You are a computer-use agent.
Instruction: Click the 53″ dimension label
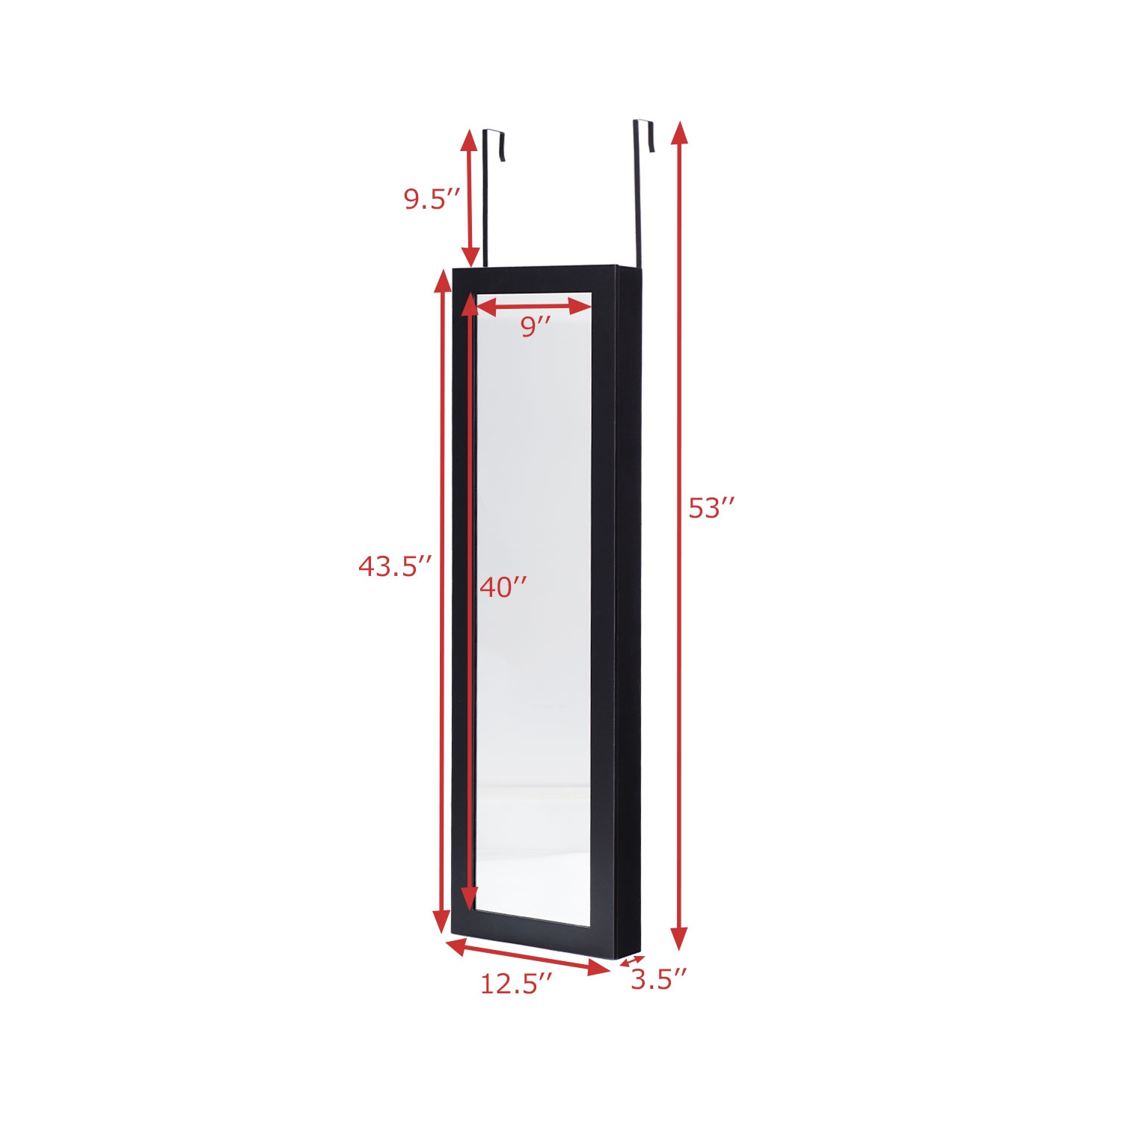pos(712,508)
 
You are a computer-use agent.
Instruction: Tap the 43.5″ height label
pos(395,566)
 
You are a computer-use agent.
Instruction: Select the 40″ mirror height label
pos(503,587)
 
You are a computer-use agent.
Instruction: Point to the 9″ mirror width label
pos(536,326)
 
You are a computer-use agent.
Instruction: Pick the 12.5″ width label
pos(516,984)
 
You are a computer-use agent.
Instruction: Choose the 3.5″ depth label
pos(658,979)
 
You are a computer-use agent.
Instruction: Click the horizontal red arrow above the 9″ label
pos(534,305)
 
